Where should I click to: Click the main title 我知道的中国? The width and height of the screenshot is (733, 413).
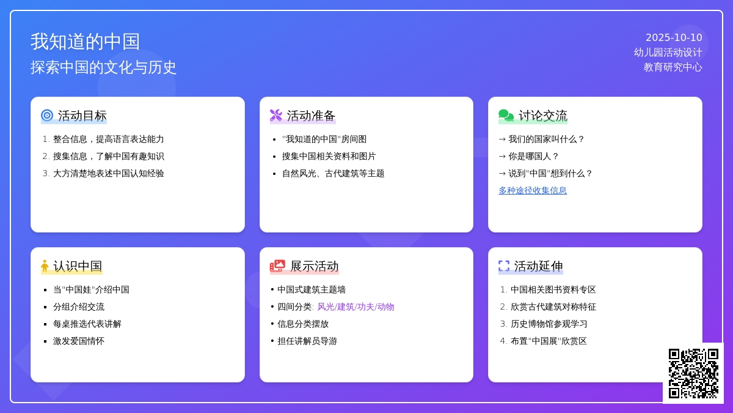85,42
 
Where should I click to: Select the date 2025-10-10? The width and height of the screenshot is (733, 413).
674,38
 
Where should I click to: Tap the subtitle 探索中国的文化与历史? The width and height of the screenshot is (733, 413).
103,67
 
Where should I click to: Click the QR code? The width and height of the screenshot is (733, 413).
693,373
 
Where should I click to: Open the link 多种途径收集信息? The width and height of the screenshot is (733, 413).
533,190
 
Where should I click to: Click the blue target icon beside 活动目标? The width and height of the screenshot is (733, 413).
47,116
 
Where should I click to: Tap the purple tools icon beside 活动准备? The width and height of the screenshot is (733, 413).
276,116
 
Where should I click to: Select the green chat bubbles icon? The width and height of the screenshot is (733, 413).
506,116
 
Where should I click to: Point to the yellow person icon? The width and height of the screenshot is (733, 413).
45,266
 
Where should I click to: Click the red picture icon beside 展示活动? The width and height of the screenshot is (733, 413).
277,266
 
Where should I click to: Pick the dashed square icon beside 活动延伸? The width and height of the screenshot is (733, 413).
504,266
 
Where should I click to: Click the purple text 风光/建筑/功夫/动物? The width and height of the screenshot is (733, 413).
356,307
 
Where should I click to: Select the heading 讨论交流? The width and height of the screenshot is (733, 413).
543,116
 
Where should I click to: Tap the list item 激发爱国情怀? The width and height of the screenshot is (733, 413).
79,341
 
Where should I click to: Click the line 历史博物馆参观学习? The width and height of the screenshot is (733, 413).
549,324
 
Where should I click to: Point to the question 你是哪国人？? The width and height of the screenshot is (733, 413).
534,157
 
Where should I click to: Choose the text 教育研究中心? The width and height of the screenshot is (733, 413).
673,67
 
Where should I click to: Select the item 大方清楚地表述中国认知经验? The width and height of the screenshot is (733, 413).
108,173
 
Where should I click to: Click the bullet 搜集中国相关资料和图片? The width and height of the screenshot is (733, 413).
329,157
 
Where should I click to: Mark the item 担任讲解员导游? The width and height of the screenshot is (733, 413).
307,341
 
